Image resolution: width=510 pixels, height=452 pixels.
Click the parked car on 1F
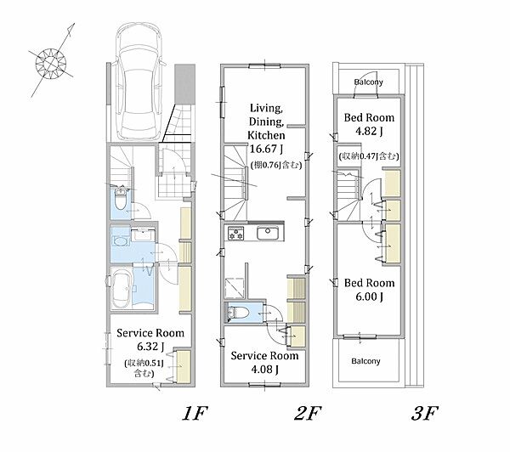[x=139, y=82]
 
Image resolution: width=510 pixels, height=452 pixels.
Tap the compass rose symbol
[x=51, y=62]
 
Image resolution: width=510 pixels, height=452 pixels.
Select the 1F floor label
[x=195, y=413]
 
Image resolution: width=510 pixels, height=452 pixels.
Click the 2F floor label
[x=308, y=413]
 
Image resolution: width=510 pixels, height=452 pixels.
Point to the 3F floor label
[x=425, y=413]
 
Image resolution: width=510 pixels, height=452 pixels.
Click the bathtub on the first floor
[x=122, y=289]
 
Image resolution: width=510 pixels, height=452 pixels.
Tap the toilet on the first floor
[x=121, y=199]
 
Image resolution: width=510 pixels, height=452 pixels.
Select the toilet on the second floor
[x=238, y=313]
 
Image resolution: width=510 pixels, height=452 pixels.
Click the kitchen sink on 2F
[x=268, y=233]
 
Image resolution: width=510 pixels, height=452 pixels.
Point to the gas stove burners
[x=236, y=234]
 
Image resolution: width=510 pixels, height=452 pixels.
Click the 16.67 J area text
[x=266, y=149]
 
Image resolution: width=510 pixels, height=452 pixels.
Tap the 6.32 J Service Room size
[x=150, y=347]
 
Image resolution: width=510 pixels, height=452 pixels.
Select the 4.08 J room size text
[x=264, y=370]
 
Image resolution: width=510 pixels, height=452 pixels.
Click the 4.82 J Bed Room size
[x=369, y=132]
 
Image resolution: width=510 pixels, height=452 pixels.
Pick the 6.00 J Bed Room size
[x=369, y=297]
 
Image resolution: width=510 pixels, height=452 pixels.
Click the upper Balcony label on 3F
[x=369, y=82]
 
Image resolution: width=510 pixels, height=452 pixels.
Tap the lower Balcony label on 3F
[x=365, y=361]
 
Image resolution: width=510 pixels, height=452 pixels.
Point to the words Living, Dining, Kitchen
[x=266, y=121]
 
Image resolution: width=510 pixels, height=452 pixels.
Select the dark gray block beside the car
[x=184, y=84]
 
